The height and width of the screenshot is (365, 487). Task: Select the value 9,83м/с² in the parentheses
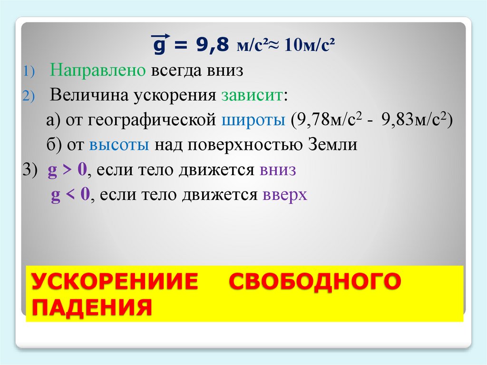tap(414, 119)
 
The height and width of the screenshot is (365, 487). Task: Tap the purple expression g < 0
tap(70, 196)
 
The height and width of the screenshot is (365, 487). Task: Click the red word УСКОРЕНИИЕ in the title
tap(115, 282)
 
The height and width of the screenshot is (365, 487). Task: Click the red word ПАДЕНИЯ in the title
tap(92, 308)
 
